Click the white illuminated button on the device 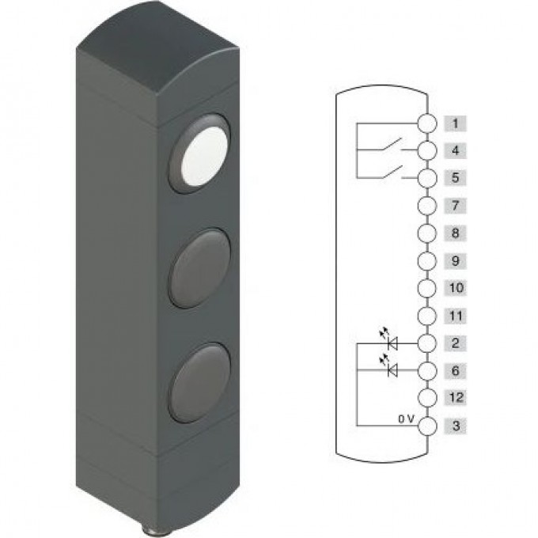(x=205, y=157)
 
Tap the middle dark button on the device (x=200, y=268)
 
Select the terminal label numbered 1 (x=455, y=123)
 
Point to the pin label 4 (x=455, y=150)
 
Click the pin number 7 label (x=455, y=206)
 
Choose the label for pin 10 (x=455, y=288)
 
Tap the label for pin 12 (x=455, y=398)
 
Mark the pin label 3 (x=455, y=426)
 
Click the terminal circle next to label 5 (x=427, y=178)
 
